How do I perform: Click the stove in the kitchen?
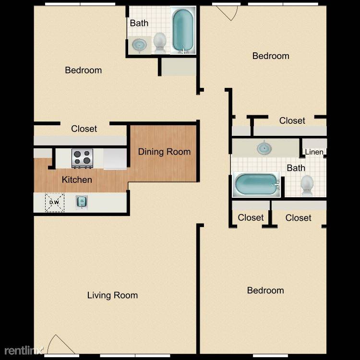(83, 158)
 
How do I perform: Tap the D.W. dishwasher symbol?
(55, 203)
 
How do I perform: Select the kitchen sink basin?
(82, 202)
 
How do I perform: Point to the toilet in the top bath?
(159, 43)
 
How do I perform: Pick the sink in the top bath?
(139, 44)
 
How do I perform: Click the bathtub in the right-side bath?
(256, 185)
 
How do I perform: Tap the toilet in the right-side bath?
(307, 185)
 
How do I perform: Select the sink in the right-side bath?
(264, 148)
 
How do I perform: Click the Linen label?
(314, 152)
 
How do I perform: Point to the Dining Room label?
(164, 152)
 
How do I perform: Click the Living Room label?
(112, 295)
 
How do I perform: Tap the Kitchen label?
(77, 180)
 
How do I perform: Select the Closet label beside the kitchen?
(84, 129)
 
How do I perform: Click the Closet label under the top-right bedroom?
(292, 120)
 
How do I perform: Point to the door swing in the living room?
(60, 344)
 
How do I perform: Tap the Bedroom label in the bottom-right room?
(265, 290)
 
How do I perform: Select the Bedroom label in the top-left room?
(84, 70)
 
